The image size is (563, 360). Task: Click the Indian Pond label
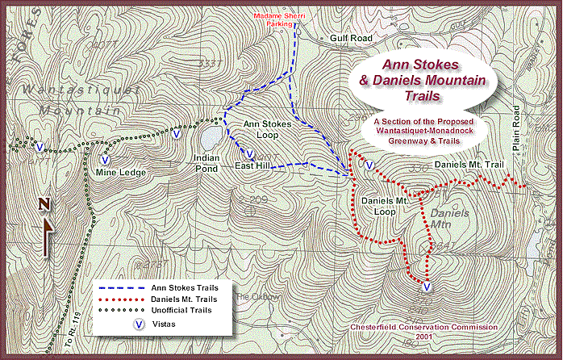coord(207,163)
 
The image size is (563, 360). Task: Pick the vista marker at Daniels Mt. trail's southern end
coord(427,287)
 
